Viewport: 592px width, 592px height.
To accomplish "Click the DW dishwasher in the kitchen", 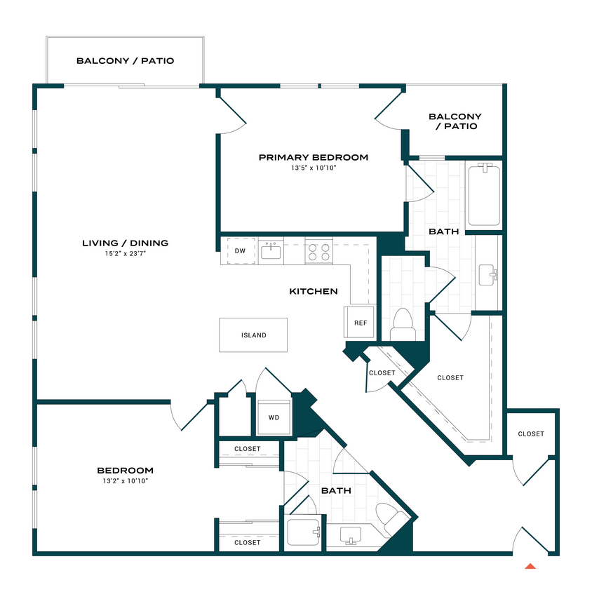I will (240, 250).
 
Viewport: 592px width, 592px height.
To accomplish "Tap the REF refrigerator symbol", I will (361, 323).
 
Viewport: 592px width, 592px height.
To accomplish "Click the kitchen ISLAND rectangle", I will (253, 335).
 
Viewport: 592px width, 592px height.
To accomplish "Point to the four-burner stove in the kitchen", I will (319, 251).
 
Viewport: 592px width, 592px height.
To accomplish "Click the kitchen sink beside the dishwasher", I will (271, 250).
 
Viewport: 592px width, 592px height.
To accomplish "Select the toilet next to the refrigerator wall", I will (403, 321).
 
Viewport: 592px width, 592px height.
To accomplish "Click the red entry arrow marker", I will (531, 565).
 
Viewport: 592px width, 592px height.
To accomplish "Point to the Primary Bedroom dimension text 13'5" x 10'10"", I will (314, 168).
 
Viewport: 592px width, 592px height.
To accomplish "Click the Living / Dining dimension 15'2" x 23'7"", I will (126, 254).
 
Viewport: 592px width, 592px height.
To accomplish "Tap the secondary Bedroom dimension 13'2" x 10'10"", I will (126, 481).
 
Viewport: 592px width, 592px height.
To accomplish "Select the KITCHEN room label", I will (314, 291).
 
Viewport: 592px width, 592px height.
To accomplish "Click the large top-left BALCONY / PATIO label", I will (125, 61).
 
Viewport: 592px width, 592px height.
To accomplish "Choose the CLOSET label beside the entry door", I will (531, 433).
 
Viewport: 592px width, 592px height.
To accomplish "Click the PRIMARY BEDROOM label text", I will (314, 157).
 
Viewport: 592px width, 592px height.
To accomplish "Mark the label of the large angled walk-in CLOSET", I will (450, 377).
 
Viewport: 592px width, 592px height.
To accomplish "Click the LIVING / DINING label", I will (126, 243).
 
